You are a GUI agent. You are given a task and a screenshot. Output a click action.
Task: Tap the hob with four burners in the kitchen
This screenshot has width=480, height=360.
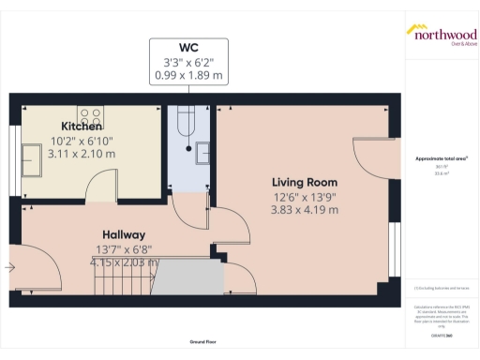(x=91, y=116)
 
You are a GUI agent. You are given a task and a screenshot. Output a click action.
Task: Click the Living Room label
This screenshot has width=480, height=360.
(x=305, y=182)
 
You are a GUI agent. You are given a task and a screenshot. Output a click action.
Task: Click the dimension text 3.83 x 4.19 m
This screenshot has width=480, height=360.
(x=305, y=210)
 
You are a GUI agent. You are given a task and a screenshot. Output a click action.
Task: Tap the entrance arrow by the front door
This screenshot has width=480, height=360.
(x=9, y=267)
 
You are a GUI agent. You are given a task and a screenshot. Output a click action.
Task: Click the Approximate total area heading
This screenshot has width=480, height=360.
(x=441, y=158)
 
